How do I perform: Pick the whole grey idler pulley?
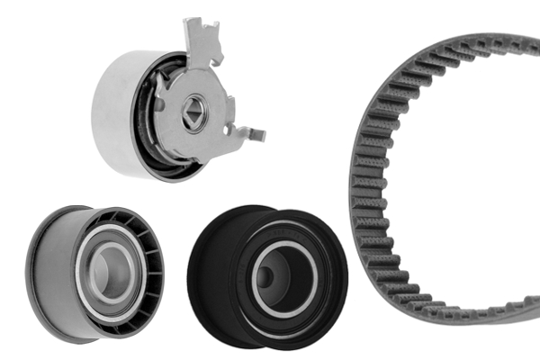coord(94,272)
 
